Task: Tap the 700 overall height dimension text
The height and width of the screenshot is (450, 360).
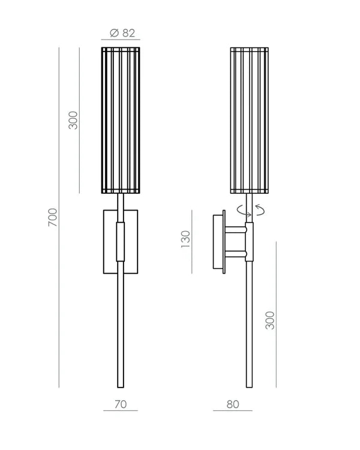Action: tap(53, 217)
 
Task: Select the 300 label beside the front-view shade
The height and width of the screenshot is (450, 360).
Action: tap(73, 120)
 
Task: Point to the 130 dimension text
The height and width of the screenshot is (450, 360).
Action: tap(185, 239)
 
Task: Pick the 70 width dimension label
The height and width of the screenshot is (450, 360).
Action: tap(121, 404)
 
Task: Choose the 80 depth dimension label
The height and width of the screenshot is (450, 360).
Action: tap(233, 404)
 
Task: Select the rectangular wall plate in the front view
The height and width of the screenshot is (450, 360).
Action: tap(109, 240)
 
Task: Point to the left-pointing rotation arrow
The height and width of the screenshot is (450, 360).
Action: tap(240, 210)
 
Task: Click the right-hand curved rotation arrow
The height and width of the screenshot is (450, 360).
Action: tap(260, 209)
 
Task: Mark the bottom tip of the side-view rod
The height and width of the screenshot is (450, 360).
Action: tap(250, 385)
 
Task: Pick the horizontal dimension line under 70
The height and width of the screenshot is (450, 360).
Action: tap(121, 411)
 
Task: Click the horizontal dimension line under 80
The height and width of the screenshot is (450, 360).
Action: tap(233, 411)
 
